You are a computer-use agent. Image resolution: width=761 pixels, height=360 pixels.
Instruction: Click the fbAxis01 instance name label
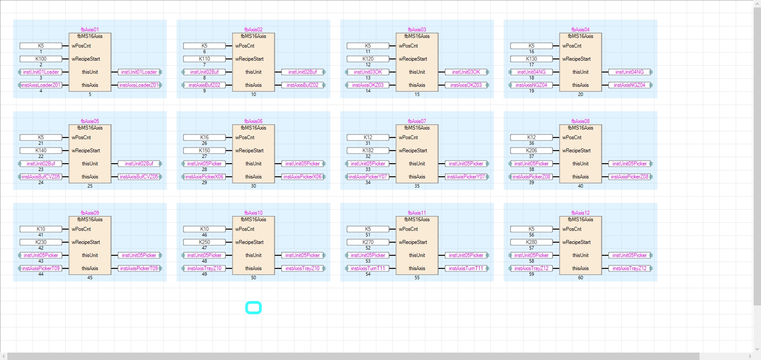(90, 30)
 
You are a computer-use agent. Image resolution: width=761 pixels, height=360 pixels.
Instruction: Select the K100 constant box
(41, 59)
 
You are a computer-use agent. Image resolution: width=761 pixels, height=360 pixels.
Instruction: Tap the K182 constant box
(368, 151)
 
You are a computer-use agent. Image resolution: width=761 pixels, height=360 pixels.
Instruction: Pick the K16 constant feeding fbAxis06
(205, 137)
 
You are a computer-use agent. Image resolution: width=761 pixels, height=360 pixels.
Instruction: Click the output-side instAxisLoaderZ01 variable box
(139, 85)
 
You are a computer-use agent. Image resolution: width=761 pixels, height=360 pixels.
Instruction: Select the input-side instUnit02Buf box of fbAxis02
(205, 72)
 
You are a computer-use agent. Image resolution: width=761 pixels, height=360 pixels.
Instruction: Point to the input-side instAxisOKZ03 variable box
(368, 85)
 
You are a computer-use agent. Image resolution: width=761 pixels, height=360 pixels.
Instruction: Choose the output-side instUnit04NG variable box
(629, 72)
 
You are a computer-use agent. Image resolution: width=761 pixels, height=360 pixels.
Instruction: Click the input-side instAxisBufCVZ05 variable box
(41, 177)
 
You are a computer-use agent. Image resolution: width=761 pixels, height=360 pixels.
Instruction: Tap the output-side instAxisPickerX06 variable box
(303, 177)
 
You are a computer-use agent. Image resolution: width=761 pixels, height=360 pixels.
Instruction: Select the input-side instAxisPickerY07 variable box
(368, 177)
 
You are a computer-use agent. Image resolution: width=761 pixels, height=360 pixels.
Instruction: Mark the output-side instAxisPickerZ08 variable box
(629, 177)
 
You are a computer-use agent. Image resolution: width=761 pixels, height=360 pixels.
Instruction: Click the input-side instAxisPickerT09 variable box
(41, 268)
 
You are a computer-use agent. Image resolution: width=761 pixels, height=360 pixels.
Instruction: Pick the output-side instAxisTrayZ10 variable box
(303, 268)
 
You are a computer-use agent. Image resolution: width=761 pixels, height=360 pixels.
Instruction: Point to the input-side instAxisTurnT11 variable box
(368, 268)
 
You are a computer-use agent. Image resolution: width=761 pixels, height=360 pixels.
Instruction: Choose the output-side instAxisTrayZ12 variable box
(629, 268)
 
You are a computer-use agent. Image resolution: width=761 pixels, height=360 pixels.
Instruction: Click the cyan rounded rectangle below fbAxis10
(253, 308)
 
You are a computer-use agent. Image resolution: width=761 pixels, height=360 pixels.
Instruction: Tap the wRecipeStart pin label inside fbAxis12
(577, 242)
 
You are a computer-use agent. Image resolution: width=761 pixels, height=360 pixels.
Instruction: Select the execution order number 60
(580, 278)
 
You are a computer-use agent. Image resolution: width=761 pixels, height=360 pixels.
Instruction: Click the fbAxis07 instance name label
(417, 121)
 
